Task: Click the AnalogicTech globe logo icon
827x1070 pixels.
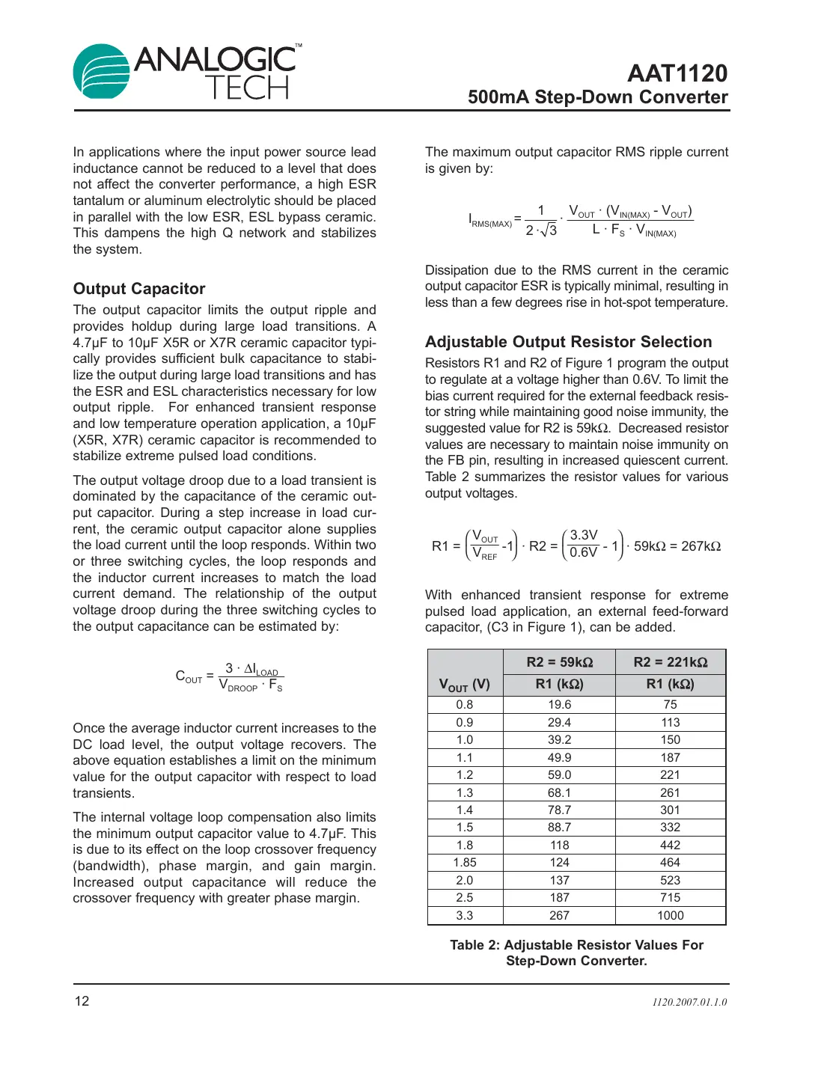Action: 103,71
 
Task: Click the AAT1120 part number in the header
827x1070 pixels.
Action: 677,73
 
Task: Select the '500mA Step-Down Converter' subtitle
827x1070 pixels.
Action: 597,97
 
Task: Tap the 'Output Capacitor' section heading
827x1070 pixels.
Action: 139,289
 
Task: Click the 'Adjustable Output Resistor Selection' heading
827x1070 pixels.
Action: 568,342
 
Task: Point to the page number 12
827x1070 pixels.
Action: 82,1001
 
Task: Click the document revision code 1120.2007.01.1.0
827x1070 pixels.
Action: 689,1002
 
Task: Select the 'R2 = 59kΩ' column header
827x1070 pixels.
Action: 559,662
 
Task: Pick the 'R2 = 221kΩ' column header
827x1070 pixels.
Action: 670,662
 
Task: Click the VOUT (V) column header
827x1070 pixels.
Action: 465,684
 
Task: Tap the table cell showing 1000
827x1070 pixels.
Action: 670,915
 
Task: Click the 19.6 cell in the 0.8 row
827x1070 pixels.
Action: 559,705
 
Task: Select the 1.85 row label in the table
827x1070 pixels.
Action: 465,863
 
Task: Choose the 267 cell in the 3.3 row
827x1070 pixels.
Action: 559,915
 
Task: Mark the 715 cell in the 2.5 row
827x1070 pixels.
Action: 670,898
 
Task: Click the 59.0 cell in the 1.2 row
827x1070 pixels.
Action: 559,775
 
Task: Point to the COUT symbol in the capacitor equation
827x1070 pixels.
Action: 189,676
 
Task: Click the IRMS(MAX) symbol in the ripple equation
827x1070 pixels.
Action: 489,221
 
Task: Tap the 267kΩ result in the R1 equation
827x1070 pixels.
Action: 701,546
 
